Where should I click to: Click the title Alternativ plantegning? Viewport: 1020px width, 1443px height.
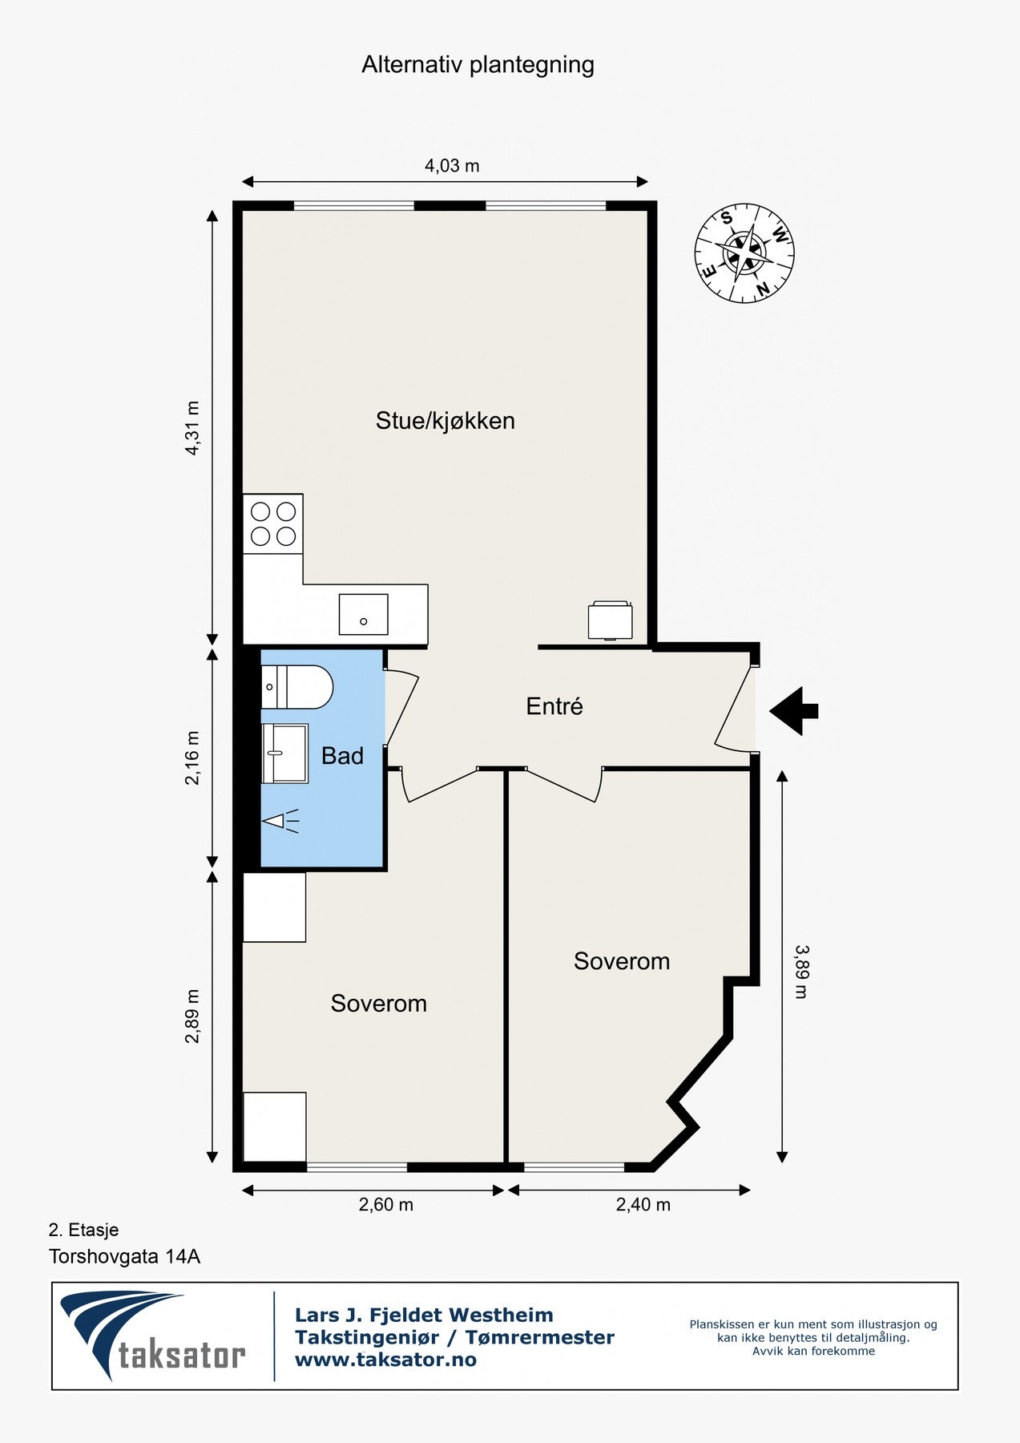[478, 65]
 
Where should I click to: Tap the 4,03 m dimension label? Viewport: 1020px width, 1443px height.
[452, 166]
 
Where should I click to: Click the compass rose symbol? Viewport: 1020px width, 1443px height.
[744, 253]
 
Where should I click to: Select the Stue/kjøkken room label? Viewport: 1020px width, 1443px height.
[445, 421]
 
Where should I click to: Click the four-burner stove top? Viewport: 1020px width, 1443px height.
[273, 523]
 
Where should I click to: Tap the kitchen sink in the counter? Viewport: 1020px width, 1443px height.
[363, 614]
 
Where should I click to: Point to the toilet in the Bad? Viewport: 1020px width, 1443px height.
[296, 687]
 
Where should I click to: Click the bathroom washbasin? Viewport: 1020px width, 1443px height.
[284, 753]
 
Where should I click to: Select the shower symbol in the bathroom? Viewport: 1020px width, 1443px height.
[280, 821]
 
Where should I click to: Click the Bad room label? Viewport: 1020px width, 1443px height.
[342, 756]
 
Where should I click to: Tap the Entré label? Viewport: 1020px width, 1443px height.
[554, 706]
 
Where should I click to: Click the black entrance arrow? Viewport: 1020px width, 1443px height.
[794, 710]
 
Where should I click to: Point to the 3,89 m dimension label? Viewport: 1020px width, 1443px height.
[800, 971]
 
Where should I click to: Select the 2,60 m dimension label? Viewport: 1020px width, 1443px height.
[385, 1205]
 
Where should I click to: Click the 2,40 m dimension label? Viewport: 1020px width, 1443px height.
[643, 1205]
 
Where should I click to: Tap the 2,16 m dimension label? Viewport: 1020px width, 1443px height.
[192, 758]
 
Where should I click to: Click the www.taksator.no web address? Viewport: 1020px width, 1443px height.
[385, 1360]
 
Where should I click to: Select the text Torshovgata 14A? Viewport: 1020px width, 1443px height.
[124, 1256]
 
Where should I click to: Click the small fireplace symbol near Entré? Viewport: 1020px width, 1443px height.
[610, 620]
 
